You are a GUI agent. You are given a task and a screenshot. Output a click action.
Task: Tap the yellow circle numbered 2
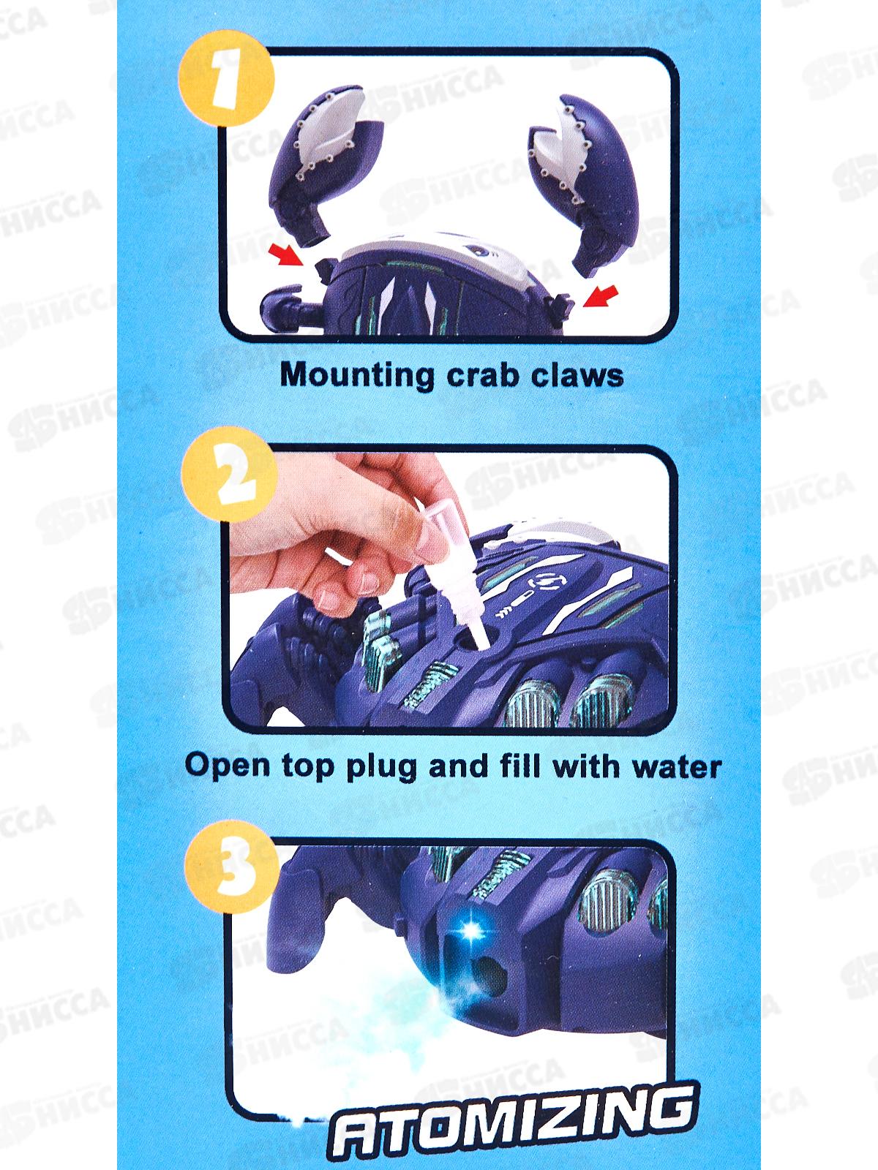pyautogui.click(x=230, y=475)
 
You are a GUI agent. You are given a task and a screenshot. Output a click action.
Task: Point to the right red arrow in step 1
pyautogui.click(x=601, y=296)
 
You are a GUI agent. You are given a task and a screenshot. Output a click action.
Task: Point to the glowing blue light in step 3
pyautogui.click(x=471, y=930)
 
